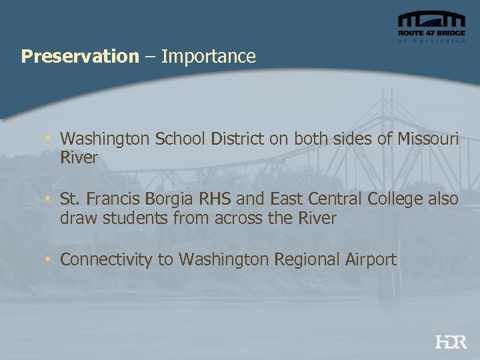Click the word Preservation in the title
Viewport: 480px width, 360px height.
coord(79,57)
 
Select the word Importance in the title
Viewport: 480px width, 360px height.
coord(208,57)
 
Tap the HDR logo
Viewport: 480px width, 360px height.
coord(451,342)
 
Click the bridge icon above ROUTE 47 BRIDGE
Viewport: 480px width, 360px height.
coord(431,20)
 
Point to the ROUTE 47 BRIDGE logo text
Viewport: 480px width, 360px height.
coord(431,33)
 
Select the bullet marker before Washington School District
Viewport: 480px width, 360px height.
coord(49,139)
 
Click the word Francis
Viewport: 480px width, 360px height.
coord(113,199)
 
